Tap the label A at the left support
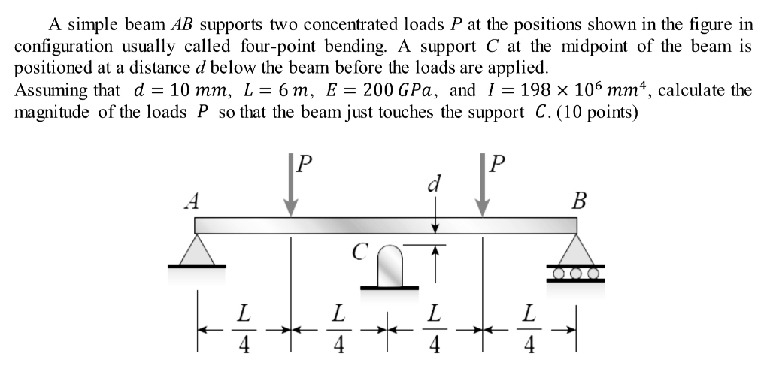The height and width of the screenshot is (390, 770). tap(193, 201)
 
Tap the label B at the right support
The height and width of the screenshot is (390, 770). tap(578, 201)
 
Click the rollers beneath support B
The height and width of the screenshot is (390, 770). tap(577, 273)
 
